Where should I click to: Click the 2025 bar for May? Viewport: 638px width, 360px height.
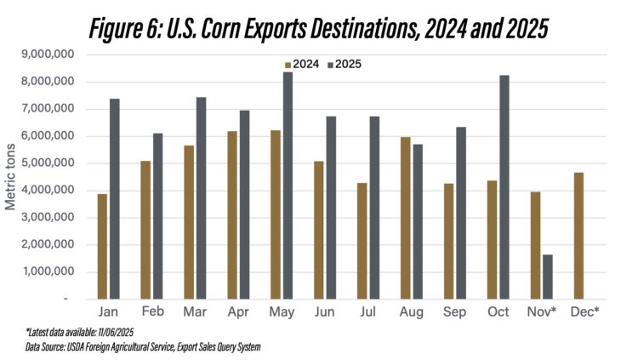[x=288, y=186]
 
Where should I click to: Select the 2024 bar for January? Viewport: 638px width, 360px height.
[x=102, y=247]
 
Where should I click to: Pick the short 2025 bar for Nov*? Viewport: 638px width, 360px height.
[x=547, y=277]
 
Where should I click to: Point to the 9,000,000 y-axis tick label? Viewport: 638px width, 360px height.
[x=53, y=54]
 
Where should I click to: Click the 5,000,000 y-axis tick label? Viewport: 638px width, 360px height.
[x=53, y=163]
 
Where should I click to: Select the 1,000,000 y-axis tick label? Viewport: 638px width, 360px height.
[x=53, y=272]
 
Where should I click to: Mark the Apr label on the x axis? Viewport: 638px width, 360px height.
[x=237, y=312]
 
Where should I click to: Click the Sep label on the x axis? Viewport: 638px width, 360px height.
[x=455, y=312]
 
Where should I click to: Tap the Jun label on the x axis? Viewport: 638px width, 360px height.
[x=324, y=312]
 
